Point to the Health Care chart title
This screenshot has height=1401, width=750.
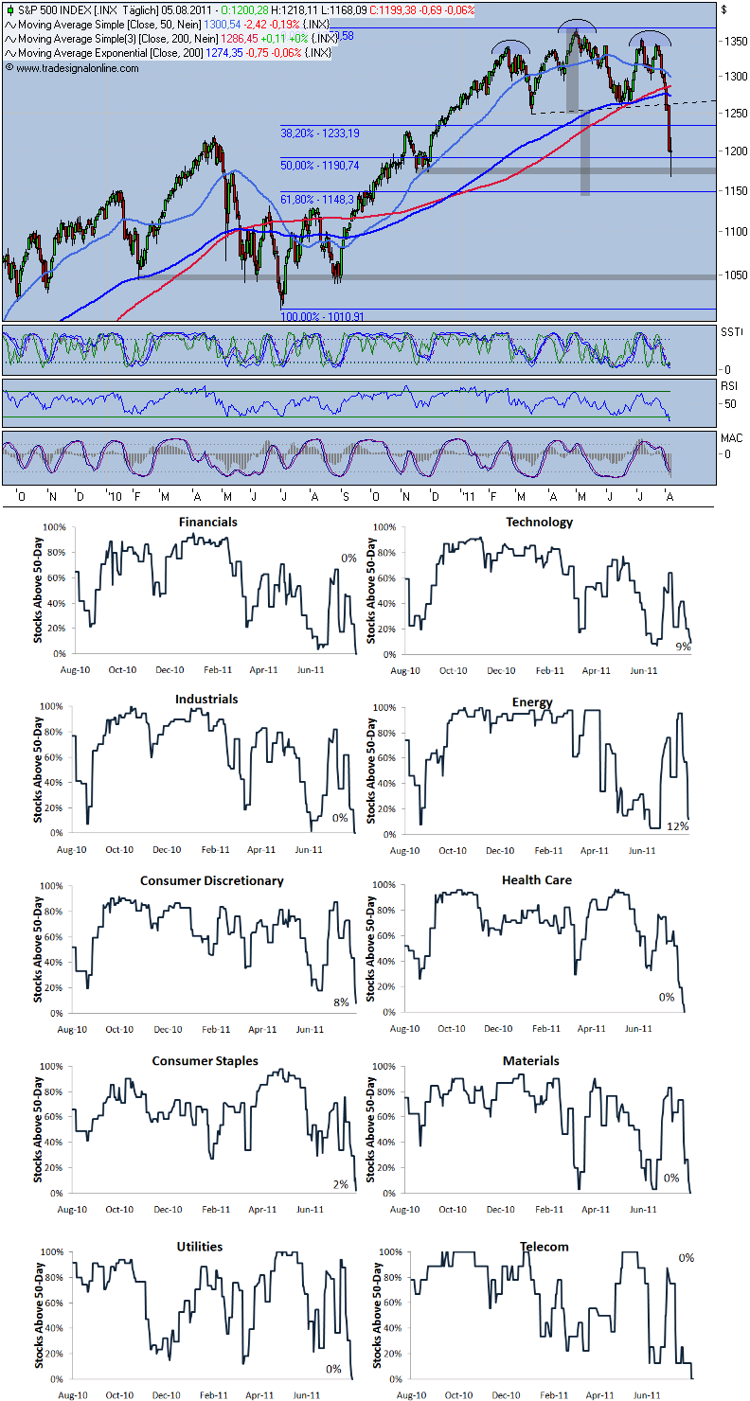click(537, 880)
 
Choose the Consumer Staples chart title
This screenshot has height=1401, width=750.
click(205, 1061)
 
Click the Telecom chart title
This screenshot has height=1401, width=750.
click(544, 1247)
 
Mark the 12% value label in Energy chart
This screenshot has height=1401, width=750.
click(677, 826)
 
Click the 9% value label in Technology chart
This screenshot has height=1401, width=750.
click(682, 647)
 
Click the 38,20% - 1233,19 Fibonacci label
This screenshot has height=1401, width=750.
click(320, 133)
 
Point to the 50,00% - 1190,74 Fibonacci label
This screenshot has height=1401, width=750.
click(320, 165)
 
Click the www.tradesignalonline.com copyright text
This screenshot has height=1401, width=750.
click(72, 68)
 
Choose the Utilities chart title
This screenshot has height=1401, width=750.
click(199, 1247)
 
